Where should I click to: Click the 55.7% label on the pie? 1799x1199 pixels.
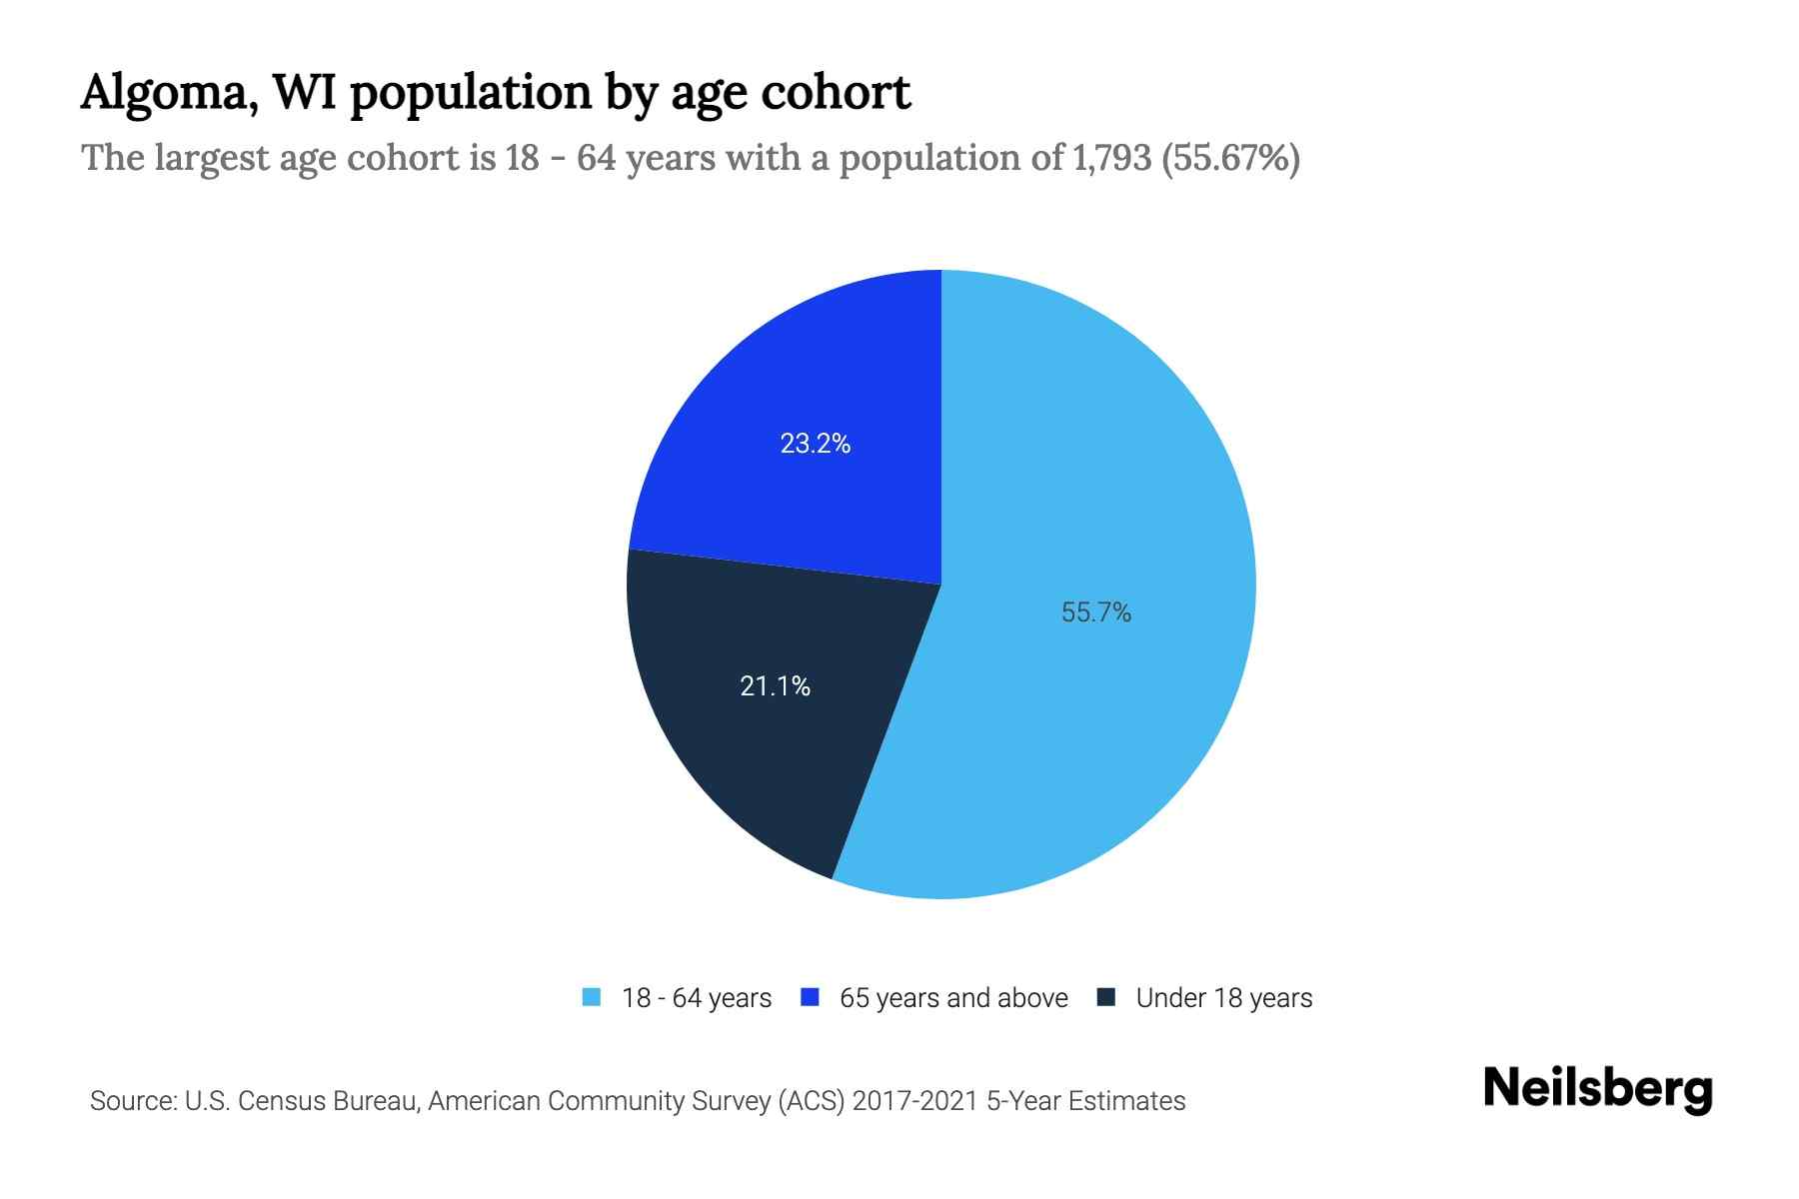1095,612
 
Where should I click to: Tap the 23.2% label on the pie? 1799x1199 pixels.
815,444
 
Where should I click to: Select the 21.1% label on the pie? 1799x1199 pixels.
775,686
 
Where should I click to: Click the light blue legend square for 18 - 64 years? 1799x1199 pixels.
592,997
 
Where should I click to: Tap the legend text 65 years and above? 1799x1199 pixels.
953,998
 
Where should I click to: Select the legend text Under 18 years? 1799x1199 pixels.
1223,998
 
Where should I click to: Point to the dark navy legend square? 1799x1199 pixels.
1106,997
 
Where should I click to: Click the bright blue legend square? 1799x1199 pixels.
811,997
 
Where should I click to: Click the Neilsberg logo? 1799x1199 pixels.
1597,1090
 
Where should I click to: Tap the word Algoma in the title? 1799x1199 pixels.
166,93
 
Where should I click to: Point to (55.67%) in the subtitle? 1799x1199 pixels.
1230,158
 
